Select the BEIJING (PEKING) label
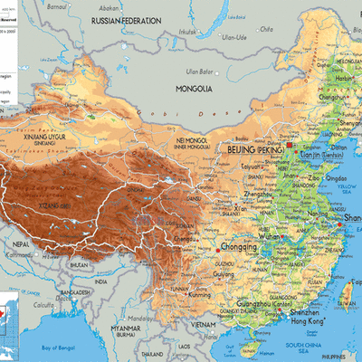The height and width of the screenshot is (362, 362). tap(253, 148)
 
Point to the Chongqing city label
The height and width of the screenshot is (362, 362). tap(237, 245)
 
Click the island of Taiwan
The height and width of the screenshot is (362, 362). tap(347, 290)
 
